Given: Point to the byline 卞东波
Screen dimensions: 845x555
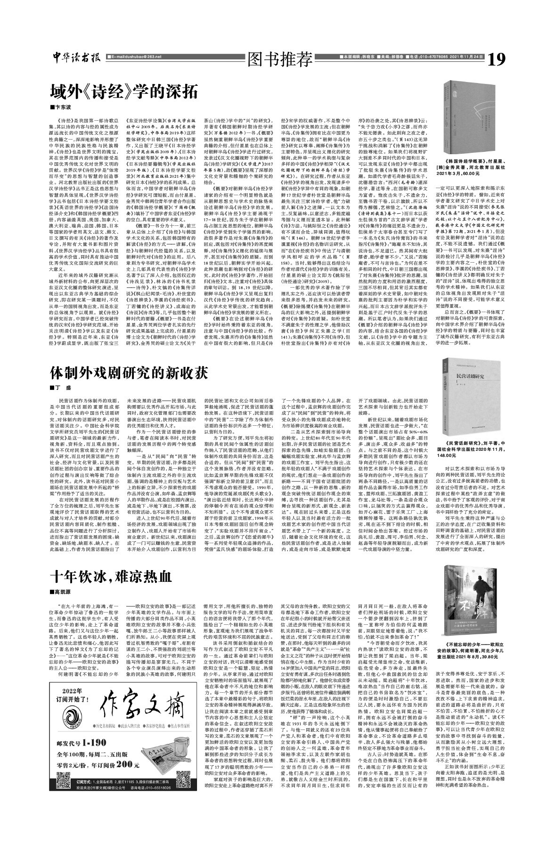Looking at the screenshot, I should tap(64, 108).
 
